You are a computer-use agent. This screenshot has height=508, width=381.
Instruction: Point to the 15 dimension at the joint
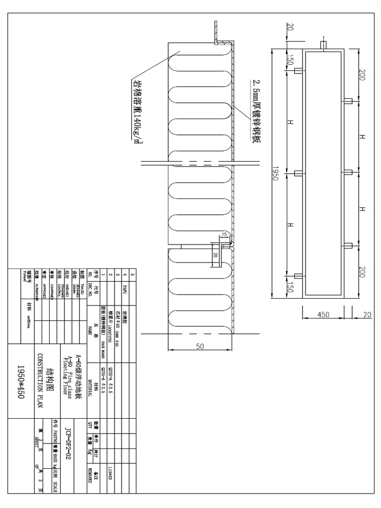coord(224,234)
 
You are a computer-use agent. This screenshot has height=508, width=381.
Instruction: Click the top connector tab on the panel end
coord(323,45)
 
